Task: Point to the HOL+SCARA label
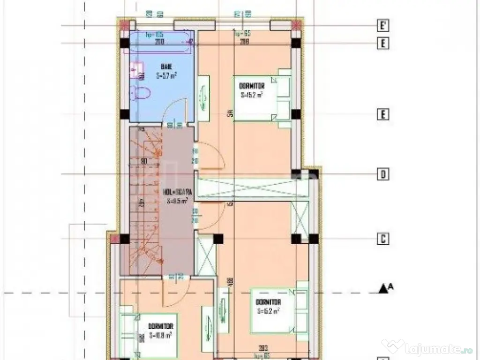(176, 196)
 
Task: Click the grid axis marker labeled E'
(383, 24)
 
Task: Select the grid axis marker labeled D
(383, 175)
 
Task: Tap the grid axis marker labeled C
(383, 239)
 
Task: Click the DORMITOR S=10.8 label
(161, 330)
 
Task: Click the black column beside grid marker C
(296, 239)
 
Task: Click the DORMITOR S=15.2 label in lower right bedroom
(268, 307)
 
